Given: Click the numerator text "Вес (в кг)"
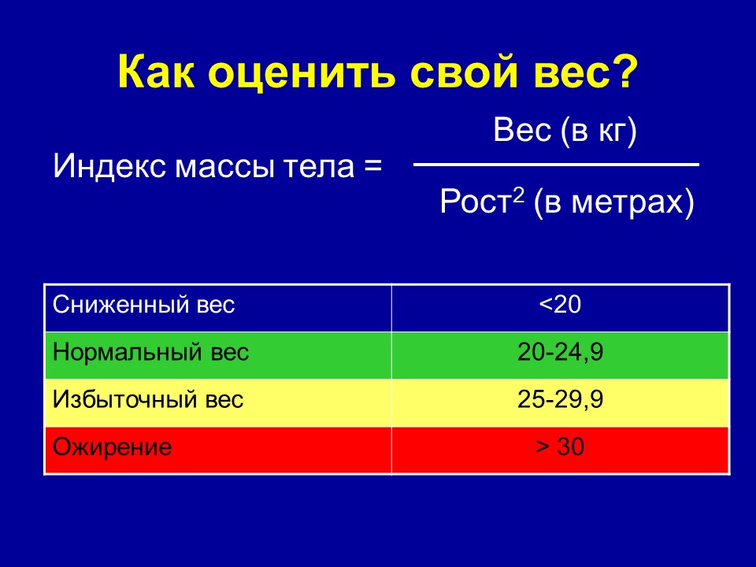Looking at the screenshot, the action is click(565, 131).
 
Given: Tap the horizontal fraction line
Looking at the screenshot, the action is click(556, 165).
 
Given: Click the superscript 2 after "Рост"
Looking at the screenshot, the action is click(518, 194).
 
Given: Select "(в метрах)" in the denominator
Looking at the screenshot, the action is click(613, 202).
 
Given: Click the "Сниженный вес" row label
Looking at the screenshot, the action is click(143, 305).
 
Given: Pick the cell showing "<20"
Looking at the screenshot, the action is click(560, 305).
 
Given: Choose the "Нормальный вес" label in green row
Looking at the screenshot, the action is click(150, 353).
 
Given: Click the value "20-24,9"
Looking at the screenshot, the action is click(560, 353).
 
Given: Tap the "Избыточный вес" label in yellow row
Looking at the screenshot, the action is click(148, 400).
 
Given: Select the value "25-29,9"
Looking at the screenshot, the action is click(560, 400).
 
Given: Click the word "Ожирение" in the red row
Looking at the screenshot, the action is click(112, 447).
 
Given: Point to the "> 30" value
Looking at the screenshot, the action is click(560, 447).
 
